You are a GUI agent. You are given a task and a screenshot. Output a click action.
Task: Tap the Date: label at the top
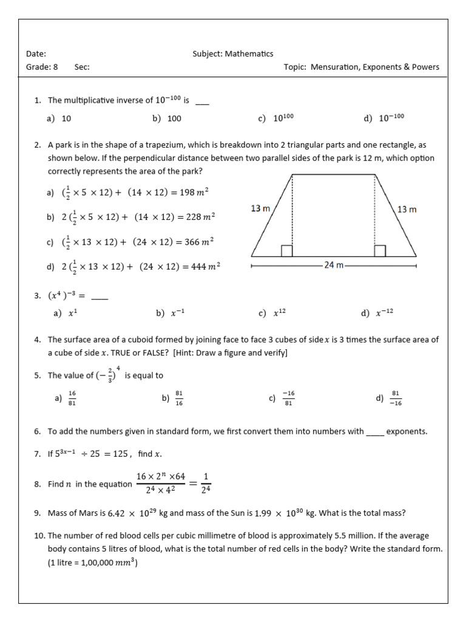[x=36, y=54]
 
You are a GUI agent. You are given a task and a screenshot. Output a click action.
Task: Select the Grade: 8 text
[x=42, y=67]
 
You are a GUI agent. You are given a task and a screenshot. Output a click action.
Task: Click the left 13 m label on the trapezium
[x=260, y=208]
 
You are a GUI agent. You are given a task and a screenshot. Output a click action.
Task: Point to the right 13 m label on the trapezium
[x=407, y=209]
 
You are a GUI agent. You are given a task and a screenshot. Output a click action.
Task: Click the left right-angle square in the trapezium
[x=287, y=251]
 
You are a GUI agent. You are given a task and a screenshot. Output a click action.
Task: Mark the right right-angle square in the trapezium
[x=380, y=251]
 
